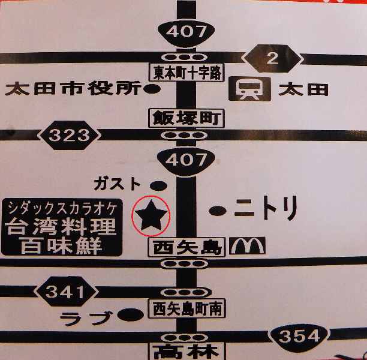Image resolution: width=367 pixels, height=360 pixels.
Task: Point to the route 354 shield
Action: [298, 336]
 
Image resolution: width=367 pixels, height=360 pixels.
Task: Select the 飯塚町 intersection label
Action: [186, 117]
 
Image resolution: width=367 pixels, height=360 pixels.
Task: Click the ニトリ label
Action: [265, 210]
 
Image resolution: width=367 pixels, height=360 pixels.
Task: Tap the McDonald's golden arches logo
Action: [243, 245]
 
